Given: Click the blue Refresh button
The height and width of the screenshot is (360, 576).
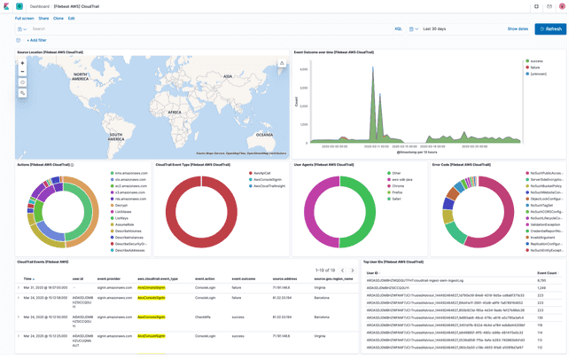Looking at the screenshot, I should coord(550,28).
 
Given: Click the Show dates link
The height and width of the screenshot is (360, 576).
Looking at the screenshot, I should coord(518,28).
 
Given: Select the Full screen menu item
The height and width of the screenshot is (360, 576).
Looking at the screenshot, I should coord(24,18).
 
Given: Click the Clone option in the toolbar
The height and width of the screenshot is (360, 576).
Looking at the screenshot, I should coord(58,18).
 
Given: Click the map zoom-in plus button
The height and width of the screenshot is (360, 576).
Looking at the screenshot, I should coord(22,64).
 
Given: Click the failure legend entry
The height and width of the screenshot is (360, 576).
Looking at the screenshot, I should coord(534,67).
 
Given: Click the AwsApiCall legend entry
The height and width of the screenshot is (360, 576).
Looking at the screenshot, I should coord(262,173).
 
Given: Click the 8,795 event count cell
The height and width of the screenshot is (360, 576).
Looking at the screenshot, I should coord(541,281).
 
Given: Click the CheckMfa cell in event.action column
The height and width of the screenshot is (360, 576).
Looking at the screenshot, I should coord(202,316).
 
